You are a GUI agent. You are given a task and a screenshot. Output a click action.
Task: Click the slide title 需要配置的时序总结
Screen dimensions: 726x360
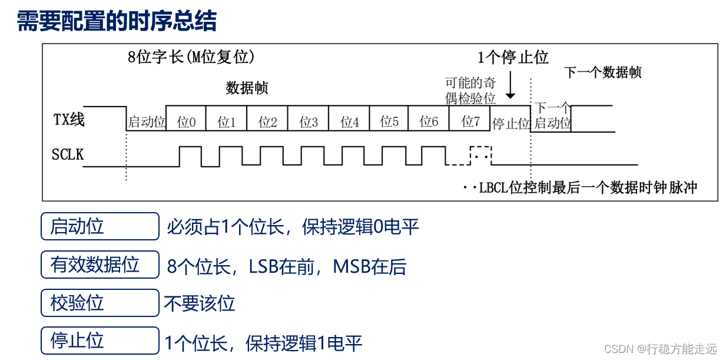[117, 21]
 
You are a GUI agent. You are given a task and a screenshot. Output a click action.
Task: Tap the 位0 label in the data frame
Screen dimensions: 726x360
[187, 122]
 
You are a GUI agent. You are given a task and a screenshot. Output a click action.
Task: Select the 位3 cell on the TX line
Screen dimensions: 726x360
[309, 122]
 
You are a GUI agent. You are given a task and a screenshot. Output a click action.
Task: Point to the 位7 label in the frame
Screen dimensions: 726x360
[471, 122]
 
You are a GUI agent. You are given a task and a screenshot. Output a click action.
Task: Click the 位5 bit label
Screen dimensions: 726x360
[389, 122]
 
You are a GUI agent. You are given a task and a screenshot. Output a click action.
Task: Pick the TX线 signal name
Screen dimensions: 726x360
[69, 120]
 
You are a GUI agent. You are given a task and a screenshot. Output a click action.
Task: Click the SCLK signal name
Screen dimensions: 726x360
[68, 155]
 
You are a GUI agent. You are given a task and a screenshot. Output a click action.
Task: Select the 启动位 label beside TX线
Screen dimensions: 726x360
[147, 123]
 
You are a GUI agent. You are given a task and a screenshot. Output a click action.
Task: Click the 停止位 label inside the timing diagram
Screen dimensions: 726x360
[511, 124]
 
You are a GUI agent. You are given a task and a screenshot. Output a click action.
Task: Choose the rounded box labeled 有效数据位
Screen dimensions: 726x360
[100, 265]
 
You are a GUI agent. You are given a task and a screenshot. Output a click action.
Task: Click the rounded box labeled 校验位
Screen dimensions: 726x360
[100, 303]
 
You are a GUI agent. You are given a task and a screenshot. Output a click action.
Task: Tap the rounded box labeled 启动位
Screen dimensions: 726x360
[100, 226]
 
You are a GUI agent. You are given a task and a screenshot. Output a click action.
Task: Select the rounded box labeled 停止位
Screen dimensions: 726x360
[100, 341]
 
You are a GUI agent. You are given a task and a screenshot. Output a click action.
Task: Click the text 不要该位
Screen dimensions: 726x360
[200, 303]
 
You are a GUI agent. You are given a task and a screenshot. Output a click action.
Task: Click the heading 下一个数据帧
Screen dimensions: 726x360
[602, 72]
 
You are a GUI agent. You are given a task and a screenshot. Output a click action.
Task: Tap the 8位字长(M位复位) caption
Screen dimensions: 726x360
[191, 57]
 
